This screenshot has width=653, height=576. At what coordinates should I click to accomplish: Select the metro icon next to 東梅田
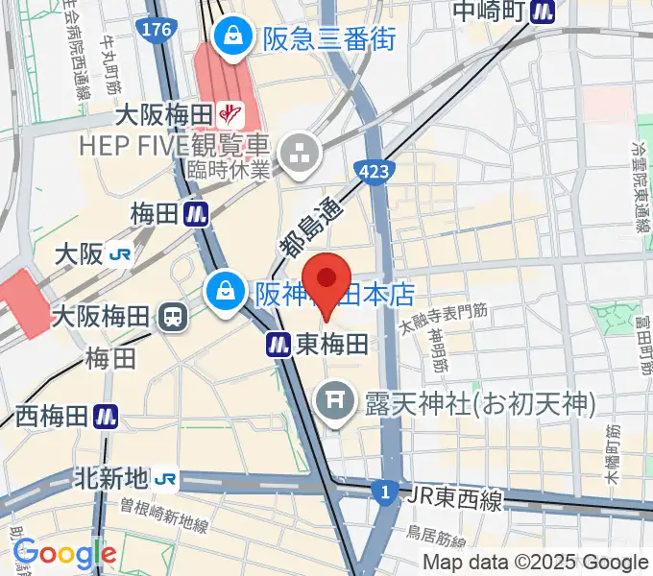coord(278,344)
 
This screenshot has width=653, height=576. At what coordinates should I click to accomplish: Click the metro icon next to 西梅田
coord(106,416)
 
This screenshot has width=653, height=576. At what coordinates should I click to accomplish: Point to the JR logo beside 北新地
coord(166,477)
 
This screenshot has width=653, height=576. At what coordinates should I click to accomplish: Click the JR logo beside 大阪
coord(120,254)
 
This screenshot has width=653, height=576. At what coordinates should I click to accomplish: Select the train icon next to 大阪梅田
coord(175,314)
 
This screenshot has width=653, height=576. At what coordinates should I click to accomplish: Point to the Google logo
coord(64,554)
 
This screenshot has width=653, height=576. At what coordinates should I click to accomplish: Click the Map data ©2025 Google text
coord(536,563)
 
